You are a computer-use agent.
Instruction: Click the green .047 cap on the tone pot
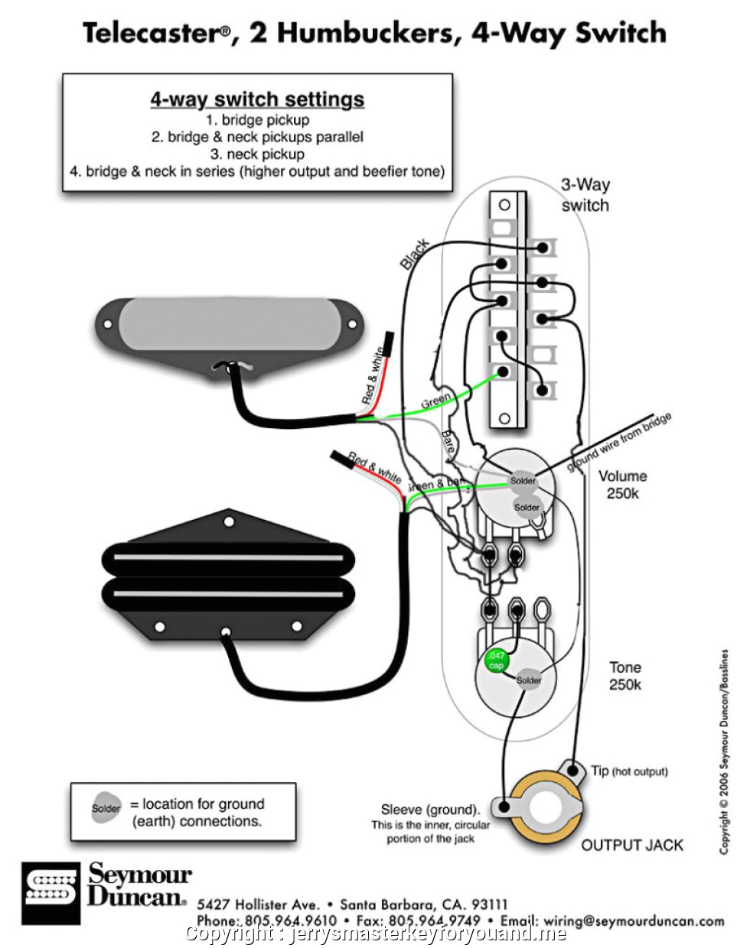coord(496,661)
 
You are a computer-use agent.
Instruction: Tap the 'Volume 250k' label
coord(622,485)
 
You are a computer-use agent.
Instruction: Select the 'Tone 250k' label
coord(624,676)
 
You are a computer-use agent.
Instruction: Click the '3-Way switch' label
coord(585,195)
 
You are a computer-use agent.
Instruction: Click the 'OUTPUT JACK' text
coord(632,845)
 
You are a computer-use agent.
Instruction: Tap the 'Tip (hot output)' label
coord(629,771)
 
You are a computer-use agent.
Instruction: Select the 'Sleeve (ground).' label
coord(430,810)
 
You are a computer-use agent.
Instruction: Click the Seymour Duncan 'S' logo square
coord(51,893)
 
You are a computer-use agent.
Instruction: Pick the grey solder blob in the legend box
coord(106,809)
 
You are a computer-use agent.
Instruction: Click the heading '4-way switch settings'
coord(257,99)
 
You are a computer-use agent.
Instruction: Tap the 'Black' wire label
coord(414,255)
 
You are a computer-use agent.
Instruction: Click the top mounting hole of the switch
coord(504,205)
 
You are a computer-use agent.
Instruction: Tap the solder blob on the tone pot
coord(529,680)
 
